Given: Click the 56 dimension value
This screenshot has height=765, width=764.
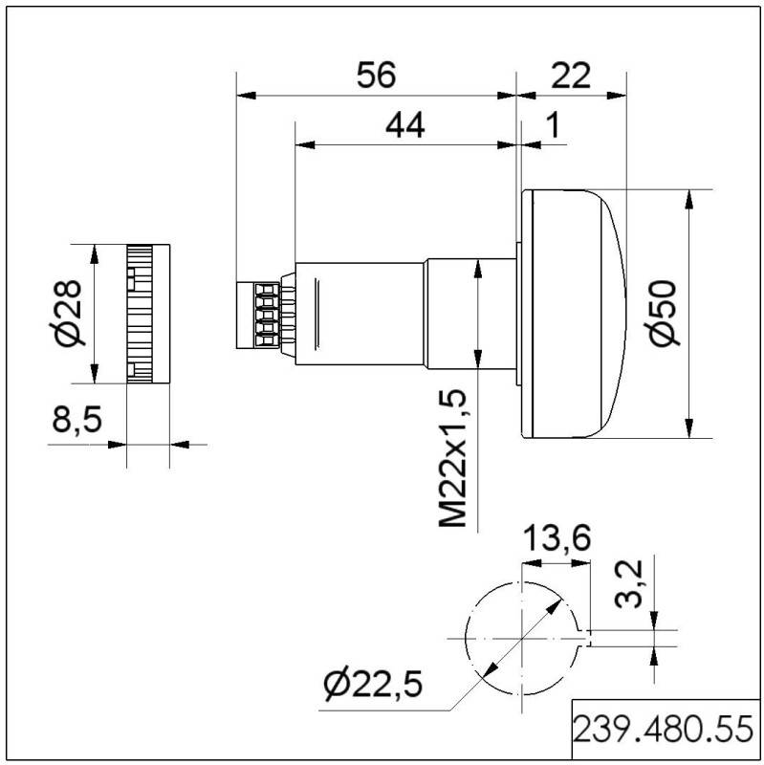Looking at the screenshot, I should [x=375, y=76].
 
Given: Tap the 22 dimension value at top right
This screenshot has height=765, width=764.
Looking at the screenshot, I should [x=571, y=76].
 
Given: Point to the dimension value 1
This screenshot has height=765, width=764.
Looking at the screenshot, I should [x=551, y=125].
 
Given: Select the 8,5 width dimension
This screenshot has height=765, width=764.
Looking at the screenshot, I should [x=76, y=422].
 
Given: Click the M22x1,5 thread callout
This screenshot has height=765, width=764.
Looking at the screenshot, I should [x=453, y=458].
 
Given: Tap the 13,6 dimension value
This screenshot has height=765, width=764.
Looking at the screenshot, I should [x=554, y=540].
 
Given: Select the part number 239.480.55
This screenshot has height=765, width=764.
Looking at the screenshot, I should [x=664, y=732].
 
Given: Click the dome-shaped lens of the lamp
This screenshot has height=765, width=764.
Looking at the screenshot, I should [x=574, y=314].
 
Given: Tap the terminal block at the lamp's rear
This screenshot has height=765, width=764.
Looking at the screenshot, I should [x=255, y=314].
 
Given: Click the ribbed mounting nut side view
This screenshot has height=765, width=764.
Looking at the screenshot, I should [x=147, y=314].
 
